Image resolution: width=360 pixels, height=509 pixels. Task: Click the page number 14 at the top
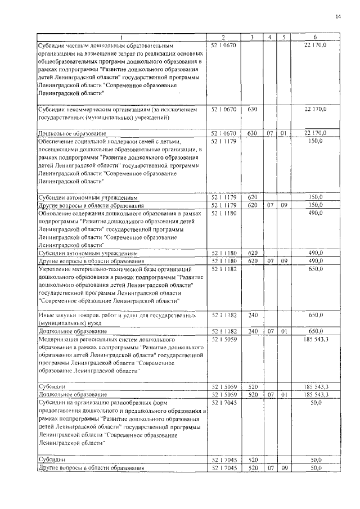coord(338,16)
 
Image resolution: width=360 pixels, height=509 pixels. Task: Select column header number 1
coord(122,37)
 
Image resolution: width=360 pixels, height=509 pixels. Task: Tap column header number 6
coord(319,37)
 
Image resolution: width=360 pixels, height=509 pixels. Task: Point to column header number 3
coord(253,37)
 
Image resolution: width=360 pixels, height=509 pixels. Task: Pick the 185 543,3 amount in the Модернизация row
coord(319,340)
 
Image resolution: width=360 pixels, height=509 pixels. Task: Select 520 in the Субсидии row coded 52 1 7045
coord(253,460)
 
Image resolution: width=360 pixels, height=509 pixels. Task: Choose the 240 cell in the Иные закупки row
coord(253,317)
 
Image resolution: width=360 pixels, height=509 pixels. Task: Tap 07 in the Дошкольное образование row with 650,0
coord(271,332)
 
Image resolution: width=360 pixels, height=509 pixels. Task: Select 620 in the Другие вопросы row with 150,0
coord(253,206)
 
